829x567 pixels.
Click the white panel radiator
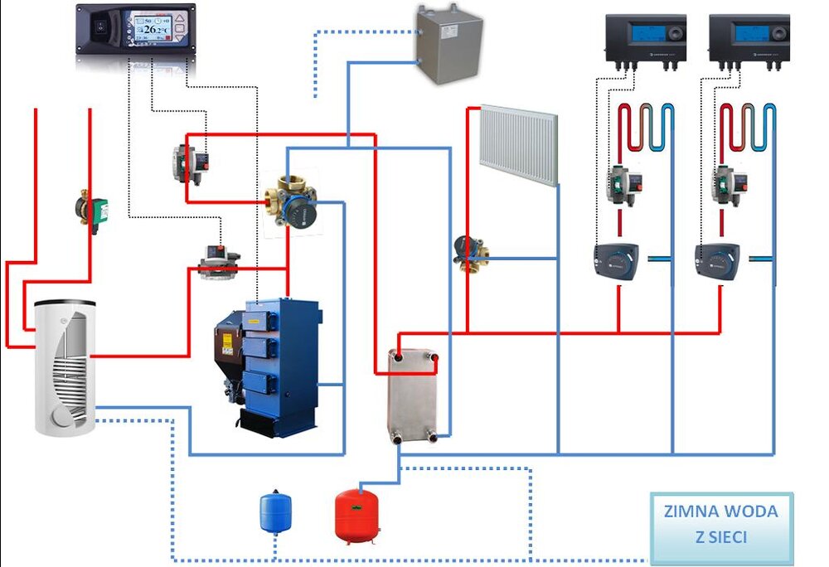(x=518, y=143)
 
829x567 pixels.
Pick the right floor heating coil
(x=748, y=128)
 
